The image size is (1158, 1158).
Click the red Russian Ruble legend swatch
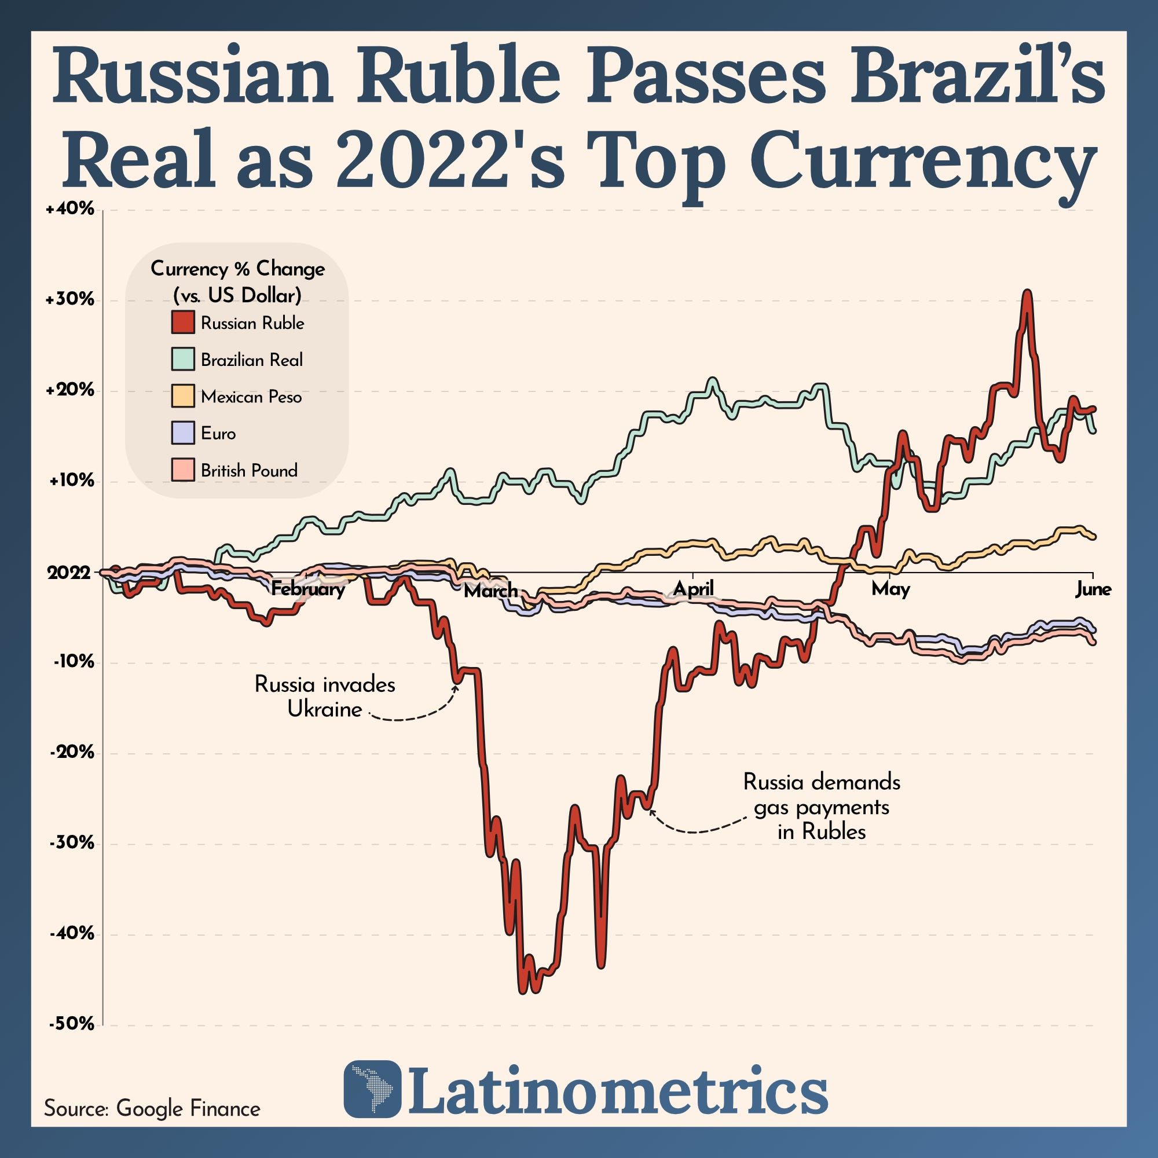click(x=182, y=322)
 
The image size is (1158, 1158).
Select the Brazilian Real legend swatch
click(x=182, y=358)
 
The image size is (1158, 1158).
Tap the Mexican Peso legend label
click(x=251, y=397)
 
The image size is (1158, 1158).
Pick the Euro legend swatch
click(x=182, y=432)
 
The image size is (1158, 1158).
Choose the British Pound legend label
click(x=249, y=471)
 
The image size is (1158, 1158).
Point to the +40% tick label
click(x=70, y=209)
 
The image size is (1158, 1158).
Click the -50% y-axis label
click(x=71, y=1024)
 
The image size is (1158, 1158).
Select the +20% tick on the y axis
click(x=70, y=390)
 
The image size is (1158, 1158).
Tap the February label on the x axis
click(x=307, y=589)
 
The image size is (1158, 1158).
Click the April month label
click(x=693, y=589)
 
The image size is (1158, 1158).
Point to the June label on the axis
click(x=1093, y=589)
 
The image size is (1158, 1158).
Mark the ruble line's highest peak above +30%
click(x=1027, y=293)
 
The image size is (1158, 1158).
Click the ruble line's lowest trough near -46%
click(x=522, y=991)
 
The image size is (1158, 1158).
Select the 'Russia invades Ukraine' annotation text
click(x=325, y=697)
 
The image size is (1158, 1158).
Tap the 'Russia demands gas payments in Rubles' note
click(x=822, y=807)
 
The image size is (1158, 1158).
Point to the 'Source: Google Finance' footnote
click(x=152, y=1108)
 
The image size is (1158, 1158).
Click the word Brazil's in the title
click(x=971, y=79)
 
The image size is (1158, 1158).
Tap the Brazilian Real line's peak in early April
click(x=712, y=380)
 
